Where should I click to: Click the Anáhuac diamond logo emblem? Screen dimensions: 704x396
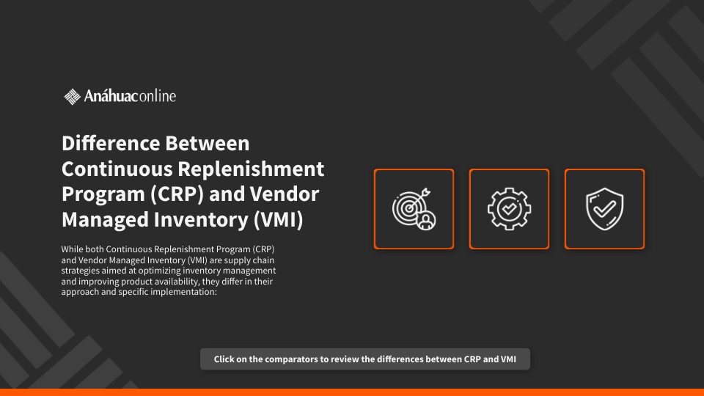tap(72, 97)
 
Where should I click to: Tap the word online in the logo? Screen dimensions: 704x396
tap(157, 95)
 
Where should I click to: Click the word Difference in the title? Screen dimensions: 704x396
tap(111, 143)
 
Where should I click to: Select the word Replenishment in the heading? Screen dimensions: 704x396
tap(251, 169)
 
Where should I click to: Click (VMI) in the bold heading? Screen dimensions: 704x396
tap(279, 219)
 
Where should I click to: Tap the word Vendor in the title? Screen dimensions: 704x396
tap(285, 194)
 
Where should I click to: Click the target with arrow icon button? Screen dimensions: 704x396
tap(414, 209)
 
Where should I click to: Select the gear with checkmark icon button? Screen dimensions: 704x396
tap(509, 209)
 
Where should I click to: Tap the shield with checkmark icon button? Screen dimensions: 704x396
tap(604, 209)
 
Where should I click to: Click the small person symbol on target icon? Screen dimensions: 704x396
tap(425, 220)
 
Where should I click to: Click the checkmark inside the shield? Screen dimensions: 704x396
tap(605, 208)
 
